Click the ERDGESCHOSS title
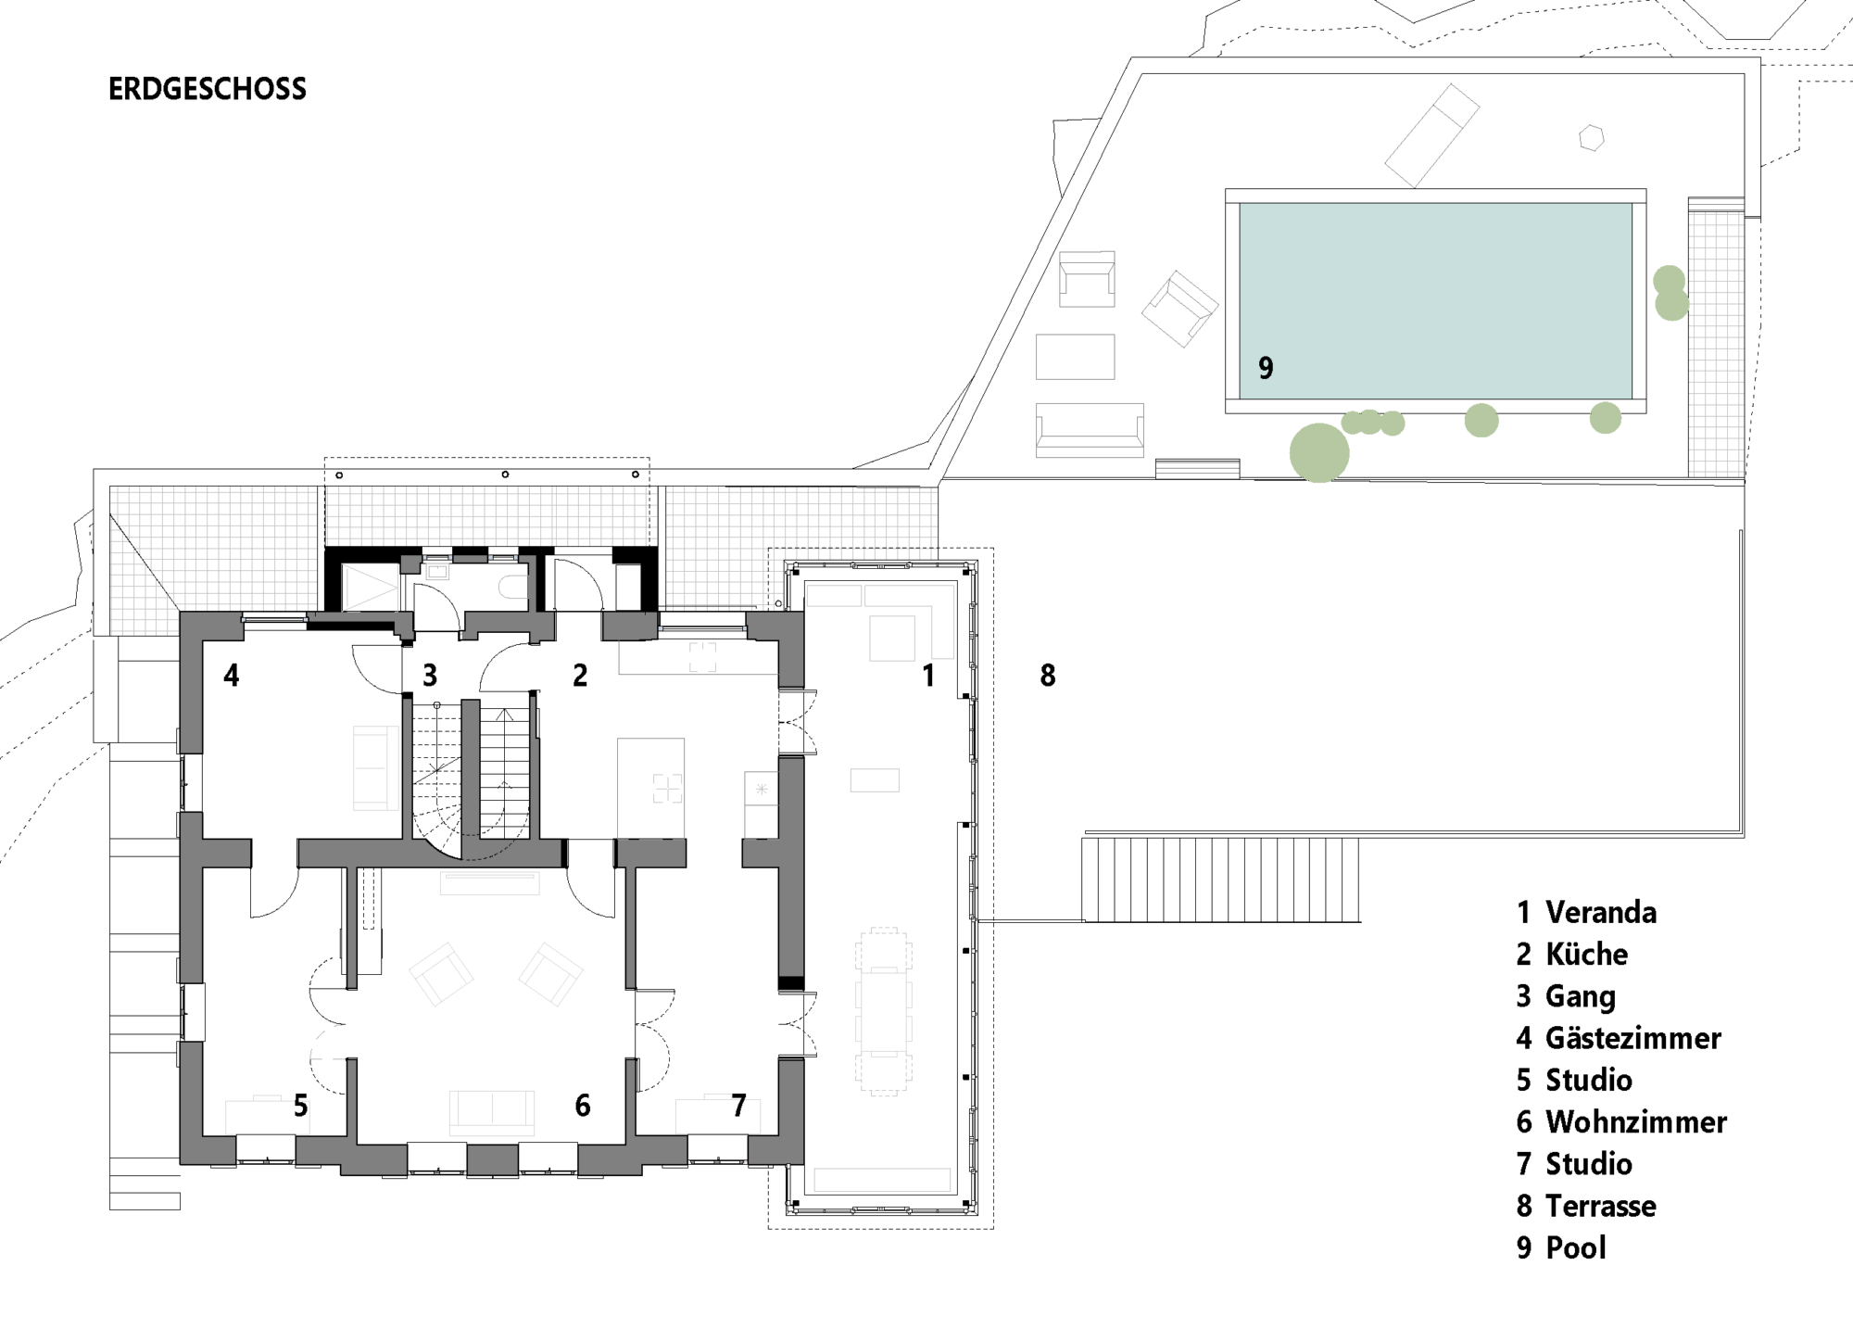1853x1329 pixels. click(208, 89)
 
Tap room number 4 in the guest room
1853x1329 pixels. click(232, 676)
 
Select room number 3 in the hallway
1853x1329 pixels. click(430, 676)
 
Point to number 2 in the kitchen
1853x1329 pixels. click(580, 676)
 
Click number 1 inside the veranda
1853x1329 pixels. click(928, 676)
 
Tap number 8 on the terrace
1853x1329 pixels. click(1048, 676)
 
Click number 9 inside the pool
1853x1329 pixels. click(1266, 368)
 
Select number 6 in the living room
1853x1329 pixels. click(583, 1105)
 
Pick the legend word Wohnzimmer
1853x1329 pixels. click(1636, 1122)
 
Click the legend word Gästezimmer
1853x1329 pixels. click(1633, 1038)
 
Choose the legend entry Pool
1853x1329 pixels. click(1576, 1248)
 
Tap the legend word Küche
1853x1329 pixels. click(1587, 954)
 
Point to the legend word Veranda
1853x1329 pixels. click(1601, 912)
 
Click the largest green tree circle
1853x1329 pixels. click(1319, 452)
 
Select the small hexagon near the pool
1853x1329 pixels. click(1592, 137)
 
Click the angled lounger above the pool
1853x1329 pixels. click(1432, 135)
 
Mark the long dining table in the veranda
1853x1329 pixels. click(883, 1013)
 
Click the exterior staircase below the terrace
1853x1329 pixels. click(1221, 880)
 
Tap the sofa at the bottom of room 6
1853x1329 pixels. click(492, 1113)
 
